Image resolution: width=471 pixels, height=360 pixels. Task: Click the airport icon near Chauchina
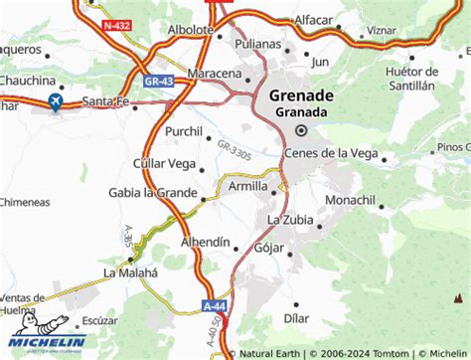pyautogui.click(x=54, y=101)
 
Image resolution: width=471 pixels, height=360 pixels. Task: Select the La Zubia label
pyautogui.click(x=289, y=220)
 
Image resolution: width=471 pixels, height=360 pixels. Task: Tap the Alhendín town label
pyautogui.click(x=206, y=243)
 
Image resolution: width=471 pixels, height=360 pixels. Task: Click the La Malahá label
pyautogui.click(x=130, y=271)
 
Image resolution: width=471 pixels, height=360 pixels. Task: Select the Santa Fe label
pyautogui.click(x=106, y=100)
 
